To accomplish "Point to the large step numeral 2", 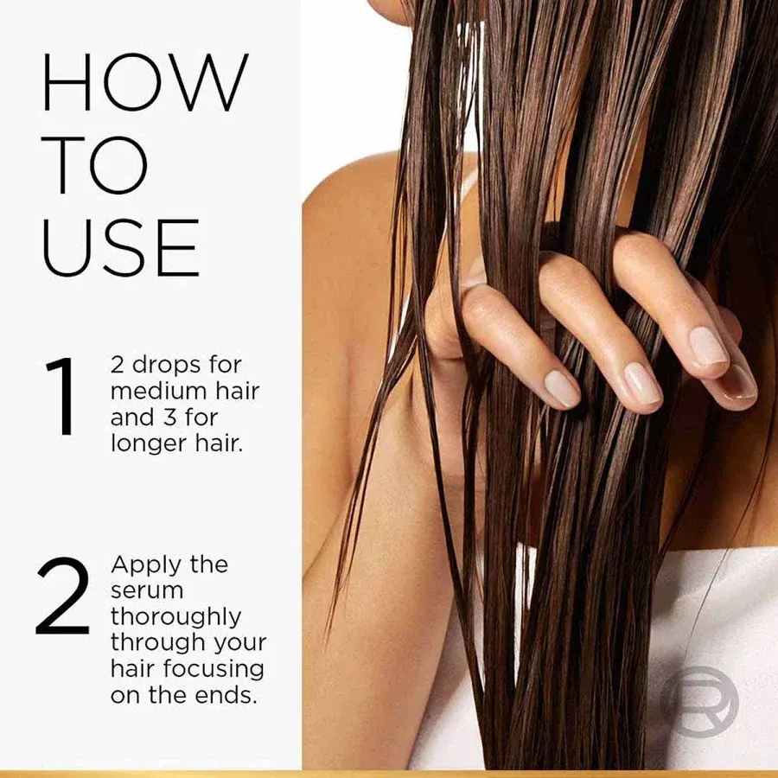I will (x=63, y=596).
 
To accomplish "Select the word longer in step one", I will (x=148, y=444).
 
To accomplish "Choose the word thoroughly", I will (x=175, y=617).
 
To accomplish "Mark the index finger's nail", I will (x=561, y=387).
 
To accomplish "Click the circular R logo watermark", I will (x=700, y=697).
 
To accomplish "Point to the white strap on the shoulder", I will (x=467, y=186).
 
